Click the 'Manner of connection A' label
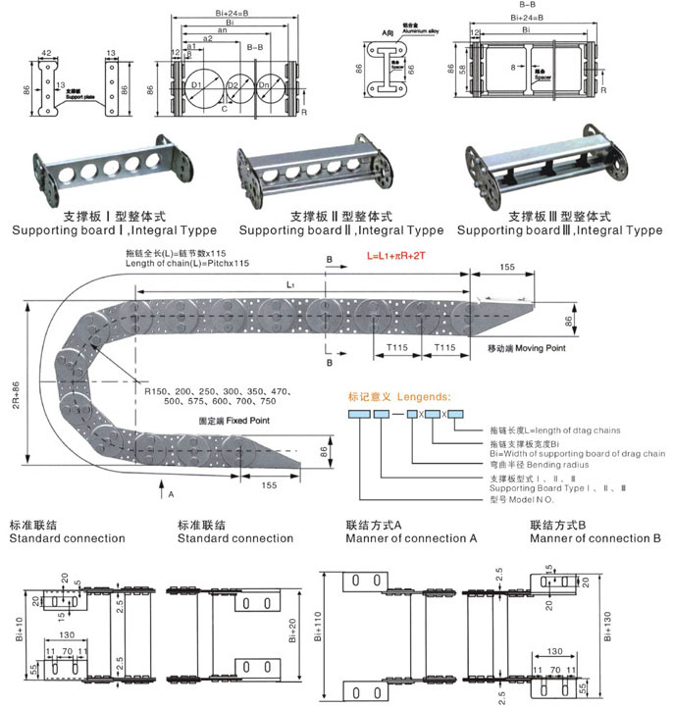(412, 538)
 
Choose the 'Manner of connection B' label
(595, 538)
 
